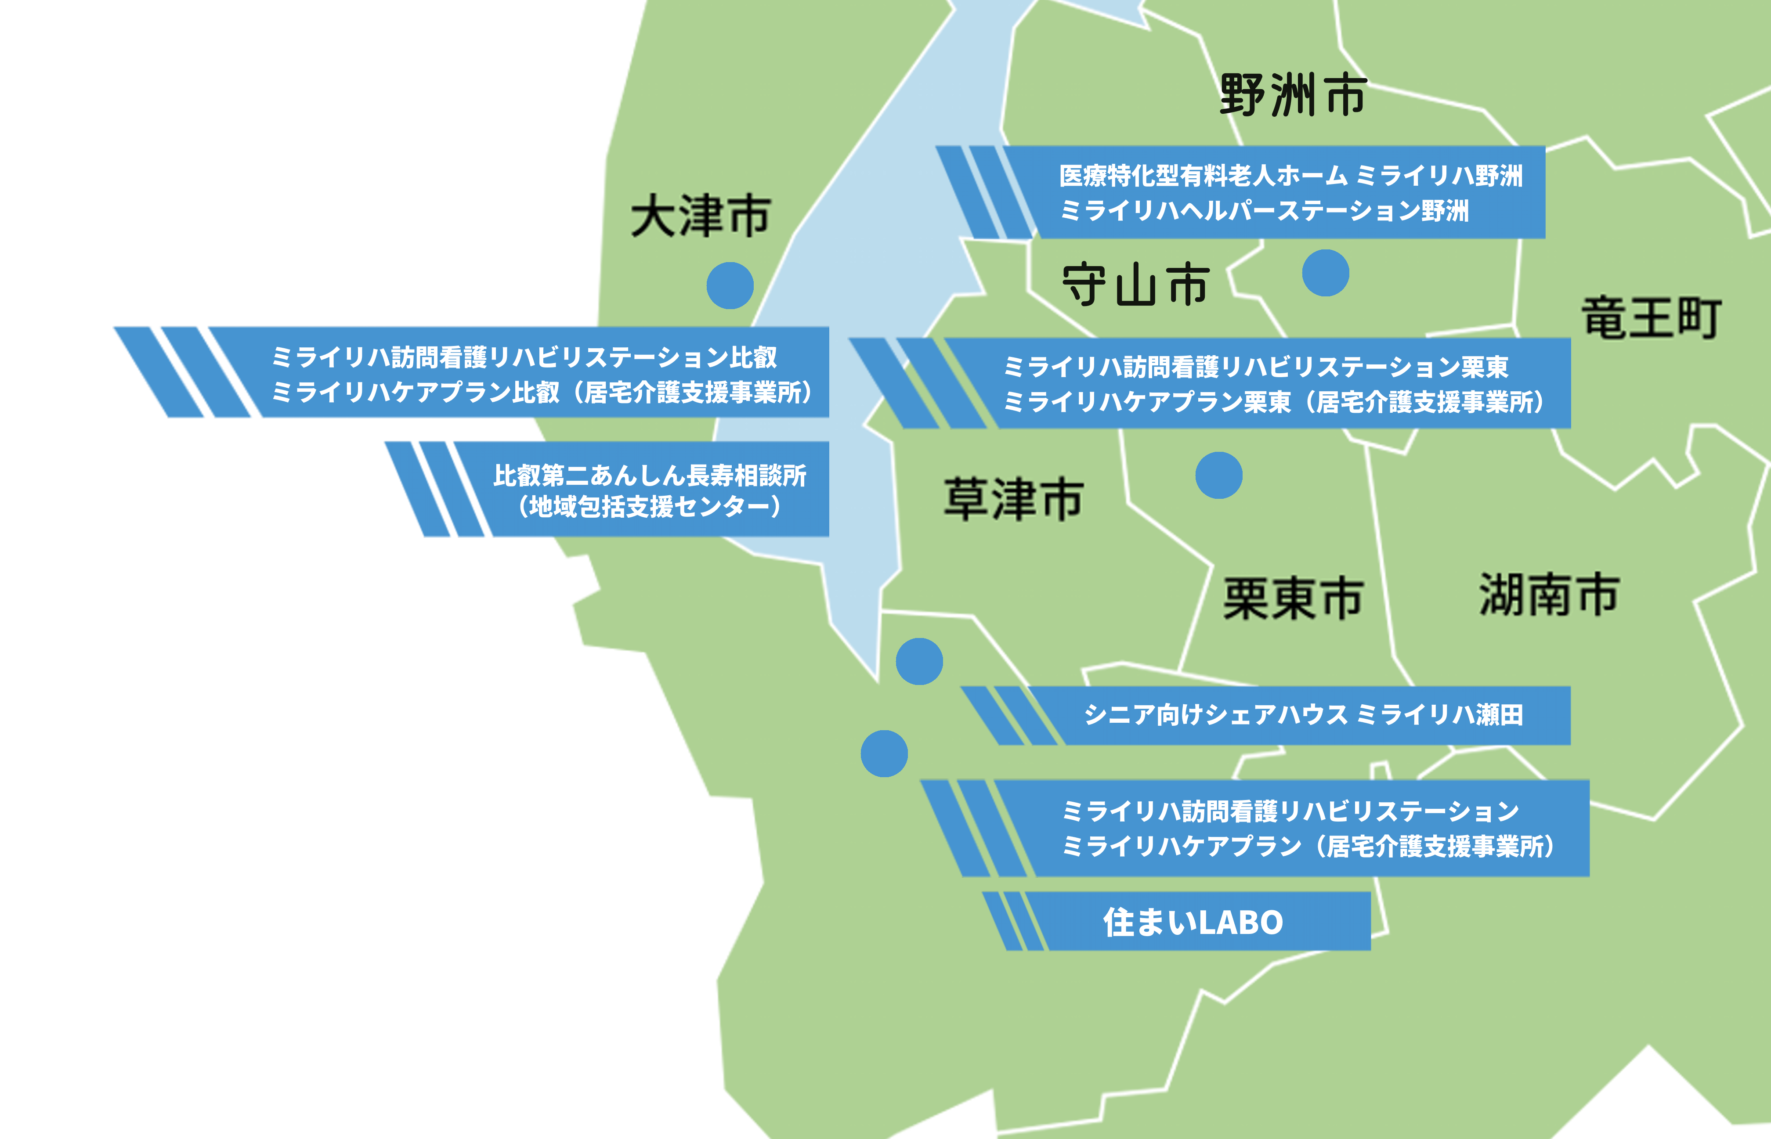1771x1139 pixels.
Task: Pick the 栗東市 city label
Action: [x=1293, y=598]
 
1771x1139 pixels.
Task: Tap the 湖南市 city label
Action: [x=1549, y=594]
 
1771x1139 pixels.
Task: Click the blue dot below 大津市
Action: [x=730, y=285]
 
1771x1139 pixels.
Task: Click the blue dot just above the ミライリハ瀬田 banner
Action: [x=919, y=661]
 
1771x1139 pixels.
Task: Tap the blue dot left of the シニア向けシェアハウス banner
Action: [x=884, y=753]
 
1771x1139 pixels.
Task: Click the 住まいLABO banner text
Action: [x=1193, y=922]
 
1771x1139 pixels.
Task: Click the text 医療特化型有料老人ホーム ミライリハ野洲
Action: [x=1291, y=176]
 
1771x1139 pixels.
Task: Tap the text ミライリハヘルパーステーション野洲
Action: [x=1264, y=211]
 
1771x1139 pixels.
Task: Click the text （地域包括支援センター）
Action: [x=650, y=508]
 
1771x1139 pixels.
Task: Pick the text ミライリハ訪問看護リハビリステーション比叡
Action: [x=524, y=357]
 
